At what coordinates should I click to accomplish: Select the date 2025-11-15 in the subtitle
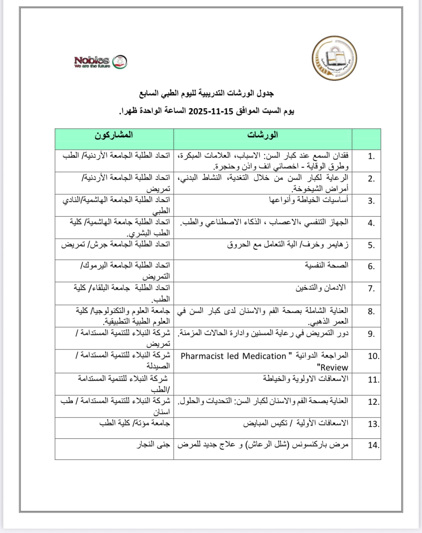coord(211,111)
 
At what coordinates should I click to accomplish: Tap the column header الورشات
coord(262,135)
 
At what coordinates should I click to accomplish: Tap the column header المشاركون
coord(114,135)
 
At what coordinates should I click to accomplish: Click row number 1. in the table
coord(371,156)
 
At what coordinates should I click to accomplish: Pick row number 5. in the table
coord(371,245)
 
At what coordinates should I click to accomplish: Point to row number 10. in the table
coord(373,356)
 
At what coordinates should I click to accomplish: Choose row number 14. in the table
coord(373,445)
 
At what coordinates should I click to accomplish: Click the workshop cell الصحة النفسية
coord(326,265)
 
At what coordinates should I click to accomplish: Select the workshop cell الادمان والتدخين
coord(320,288)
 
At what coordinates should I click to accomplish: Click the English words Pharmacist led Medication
coord(233,356)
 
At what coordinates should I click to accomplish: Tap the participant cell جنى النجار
coord(153,445)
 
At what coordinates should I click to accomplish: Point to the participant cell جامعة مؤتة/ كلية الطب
coord(135,423)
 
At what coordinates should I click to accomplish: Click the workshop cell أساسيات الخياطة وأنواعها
coord(309,200)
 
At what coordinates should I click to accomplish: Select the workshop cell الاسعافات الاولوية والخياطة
coord(305,378)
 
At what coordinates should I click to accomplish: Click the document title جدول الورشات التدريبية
coord(207,93)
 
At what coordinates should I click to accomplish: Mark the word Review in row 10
coord(333,367)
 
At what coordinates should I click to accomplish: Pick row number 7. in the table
coord(371,289)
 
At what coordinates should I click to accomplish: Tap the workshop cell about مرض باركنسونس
coord(263,445)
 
